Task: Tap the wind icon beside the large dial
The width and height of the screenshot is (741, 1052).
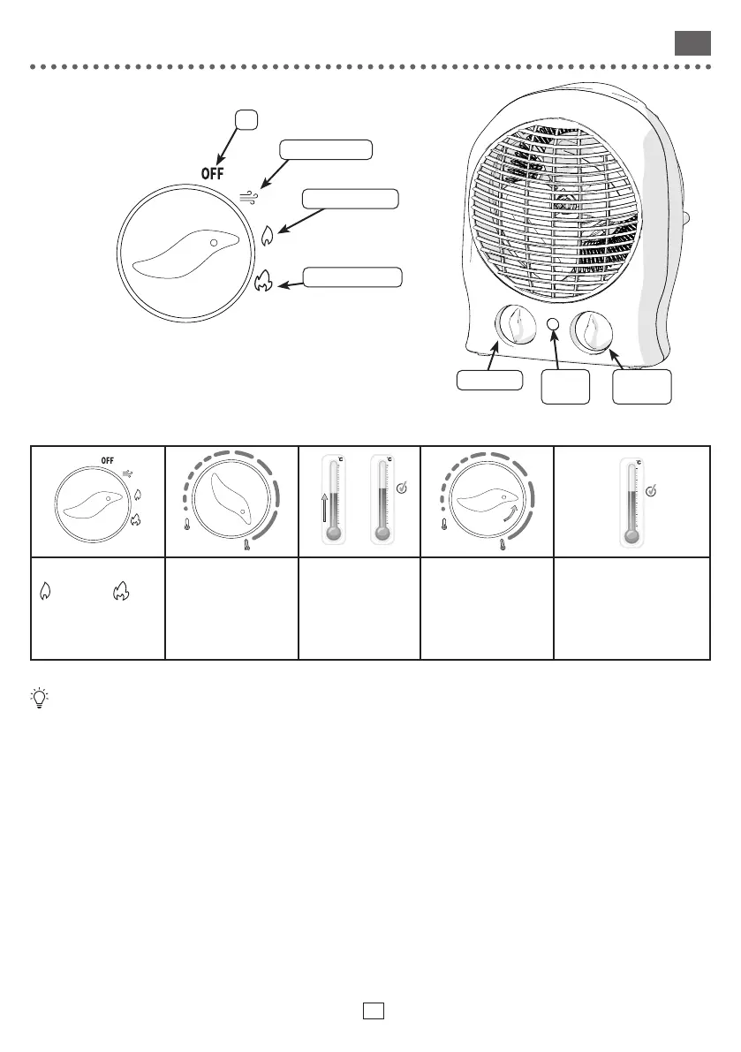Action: [x=250, y=196]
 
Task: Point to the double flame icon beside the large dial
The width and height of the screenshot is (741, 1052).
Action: [x=263, y=281]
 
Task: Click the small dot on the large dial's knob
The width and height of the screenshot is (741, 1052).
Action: [x=214, y=241]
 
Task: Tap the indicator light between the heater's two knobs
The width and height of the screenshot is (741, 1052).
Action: [x=554, y=325]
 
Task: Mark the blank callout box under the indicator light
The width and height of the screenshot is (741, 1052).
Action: [x=565, y=387]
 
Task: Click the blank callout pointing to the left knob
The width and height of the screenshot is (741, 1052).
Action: [x=489, y=381]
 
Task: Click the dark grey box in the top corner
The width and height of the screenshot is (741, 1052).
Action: [x=692, y=43]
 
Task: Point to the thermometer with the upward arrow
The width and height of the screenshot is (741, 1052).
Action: [x=333, y=502]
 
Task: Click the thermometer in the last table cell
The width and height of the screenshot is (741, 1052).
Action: [x=632, y=502]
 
